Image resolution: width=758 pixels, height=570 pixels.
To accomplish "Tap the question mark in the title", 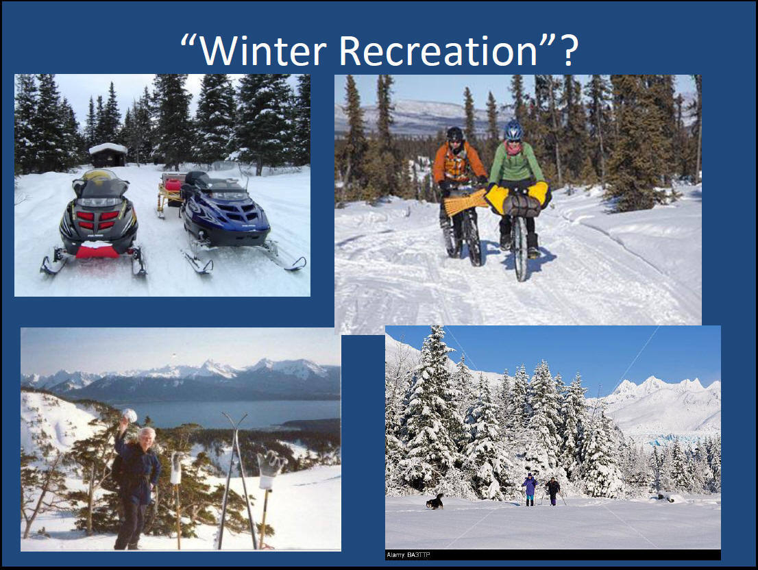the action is pyautogui.click(x=569, y=50).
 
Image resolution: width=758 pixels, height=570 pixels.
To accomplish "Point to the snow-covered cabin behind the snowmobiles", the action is pyautogui.click(x=108, y=155).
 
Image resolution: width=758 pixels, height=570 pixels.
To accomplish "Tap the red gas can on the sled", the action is pyautogui.click(x=173, y=185).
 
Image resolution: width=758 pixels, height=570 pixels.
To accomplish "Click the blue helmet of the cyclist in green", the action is pyautogui.click(x=513, y=130).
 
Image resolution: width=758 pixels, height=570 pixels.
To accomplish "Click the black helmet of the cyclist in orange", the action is pyautogui.click(x=455, y=134).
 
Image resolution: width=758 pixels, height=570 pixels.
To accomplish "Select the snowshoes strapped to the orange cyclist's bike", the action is pyautogui.click(x=465, y=202).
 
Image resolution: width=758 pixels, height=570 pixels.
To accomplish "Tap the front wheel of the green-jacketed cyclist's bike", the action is pyautogui.click(x=520, y=248).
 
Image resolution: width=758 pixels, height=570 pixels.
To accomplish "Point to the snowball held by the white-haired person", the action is pyautogui.click(x=129, y=415).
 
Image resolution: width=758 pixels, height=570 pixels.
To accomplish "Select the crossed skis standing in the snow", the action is pyautogui.click(x=237, y=481).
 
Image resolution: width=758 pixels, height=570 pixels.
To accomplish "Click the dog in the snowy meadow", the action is pyautogui.click(x=435, y=502).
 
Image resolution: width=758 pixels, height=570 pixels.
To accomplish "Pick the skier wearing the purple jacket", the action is pyautogui.click(x=530, y=489).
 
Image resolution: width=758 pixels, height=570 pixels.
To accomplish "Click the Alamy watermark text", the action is pyautogui.click(x=408, y=555).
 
